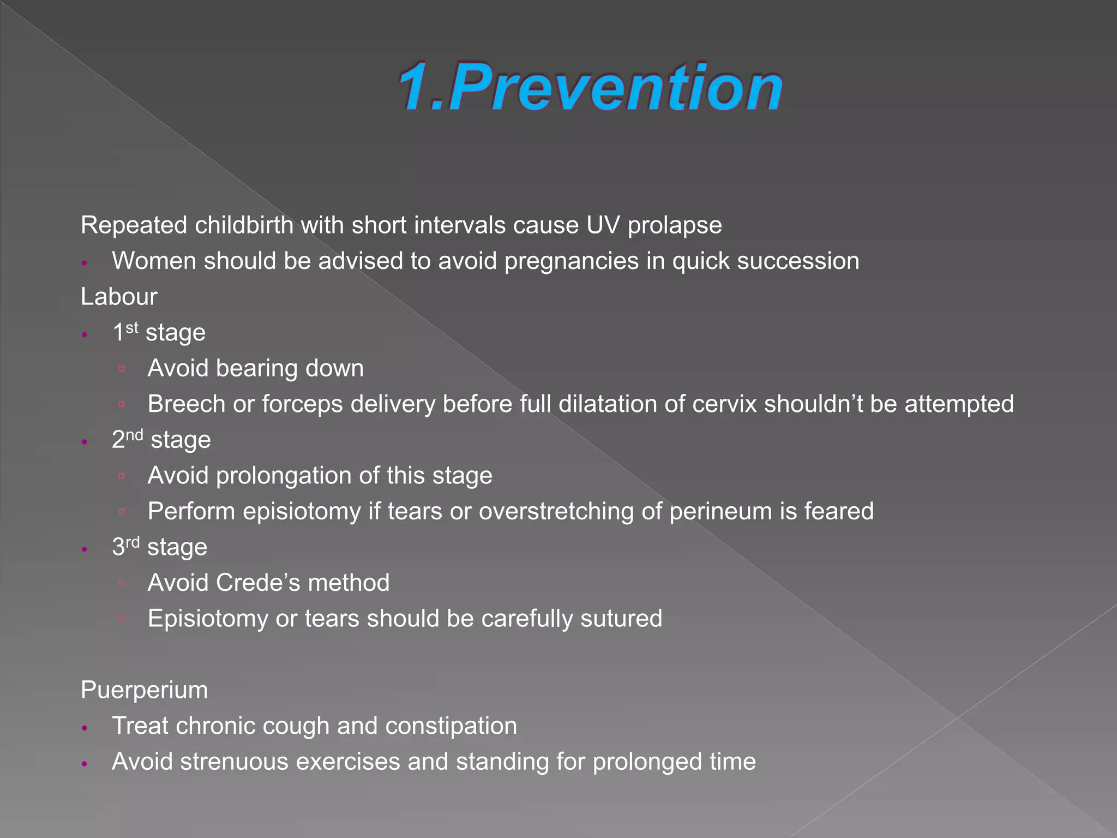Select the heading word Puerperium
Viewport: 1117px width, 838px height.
click(144, 690)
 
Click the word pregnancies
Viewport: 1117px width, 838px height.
click(571, 261)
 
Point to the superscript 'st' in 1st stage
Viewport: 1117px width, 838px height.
click(132, 327)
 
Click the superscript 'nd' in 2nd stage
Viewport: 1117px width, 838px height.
click(135, 435)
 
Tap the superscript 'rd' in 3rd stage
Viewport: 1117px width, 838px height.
click(133, 542)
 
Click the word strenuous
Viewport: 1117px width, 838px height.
click(234, 762)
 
